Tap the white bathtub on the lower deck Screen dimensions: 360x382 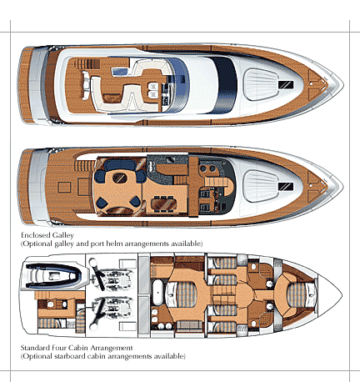(157, 293)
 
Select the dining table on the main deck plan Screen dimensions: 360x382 (163, 204)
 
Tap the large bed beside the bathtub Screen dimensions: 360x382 (181, 294)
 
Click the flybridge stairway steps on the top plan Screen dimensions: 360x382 (87, 64)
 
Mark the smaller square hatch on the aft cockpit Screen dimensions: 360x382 (64, 188)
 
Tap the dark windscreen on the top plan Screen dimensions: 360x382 (227, 85)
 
